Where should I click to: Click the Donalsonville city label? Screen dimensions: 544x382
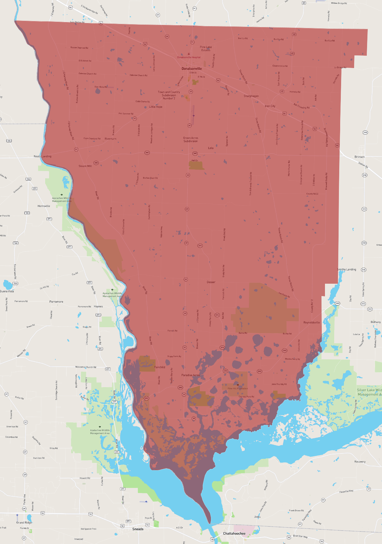[x=192, y=68]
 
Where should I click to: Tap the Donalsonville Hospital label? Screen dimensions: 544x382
[x=189, y=57]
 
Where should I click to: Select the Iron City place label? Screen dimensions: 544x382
[x=270, y=106]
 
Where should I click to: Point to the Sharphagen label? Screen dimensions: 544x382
[x=251, y=96]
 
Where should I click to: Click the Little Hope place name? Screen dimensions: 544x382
[x=156, y=107]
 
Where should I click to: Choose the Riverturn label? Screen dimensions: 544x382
[x=111, y=139]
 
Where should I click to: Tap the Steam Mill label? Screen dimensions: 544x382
[x=85, y=166]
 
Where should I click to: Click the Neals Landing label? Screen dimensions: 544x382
[x=42, y=156]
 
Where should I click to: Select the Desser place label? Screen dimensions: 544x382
[x=211, y=282]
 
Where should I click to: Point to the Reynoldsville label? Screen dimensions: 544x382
[x=312, y=322]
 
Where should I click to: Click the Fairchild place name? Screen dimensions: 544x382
[x=160, y=367]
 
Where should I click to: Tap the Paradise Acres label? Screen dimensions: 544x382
[x=191, y=375]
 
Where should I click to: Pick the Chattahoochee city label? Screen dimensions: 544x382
[x=234, y=534]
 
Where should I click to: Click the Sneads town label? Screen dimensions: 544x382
[x=138, y=529]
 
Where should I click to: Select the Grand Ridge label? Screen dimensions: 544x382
[x=24, y=522]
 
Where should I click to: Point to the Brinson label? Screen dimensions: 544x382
[x=360, y=157]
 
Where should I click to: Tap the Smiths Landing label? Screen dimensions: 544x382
[x=347, y=269]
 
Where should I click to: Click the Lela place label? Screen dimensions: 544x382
[x=211, y=148]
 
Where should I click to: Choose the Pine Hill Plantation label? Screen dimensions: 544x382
[x=238, y=389]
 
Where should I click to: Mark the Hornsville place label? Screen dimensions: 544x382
[x=44, y=206]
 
